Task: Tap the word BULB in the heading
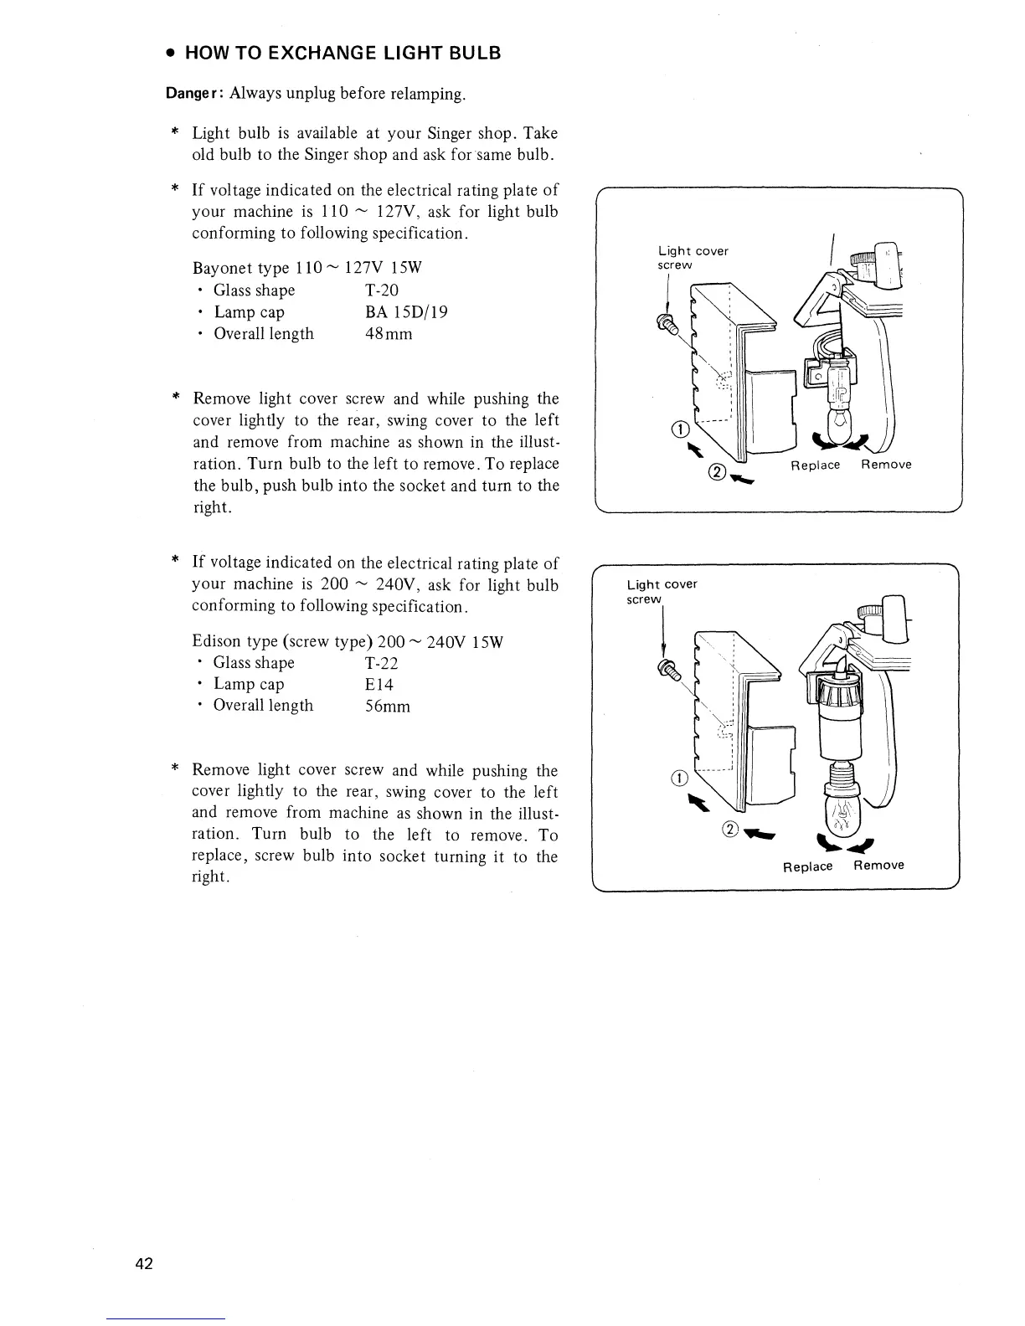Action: tap(472, 54)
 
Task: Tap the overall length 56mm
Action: tap(388, 706)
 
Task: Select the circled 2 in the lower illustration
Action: tap(729, 830)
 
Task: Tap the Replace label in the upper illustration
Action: tap(816, 465)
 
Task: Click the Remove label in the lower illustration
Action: tap(878, 866)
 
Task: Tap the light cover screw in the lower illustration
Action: tap(667, 668)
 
